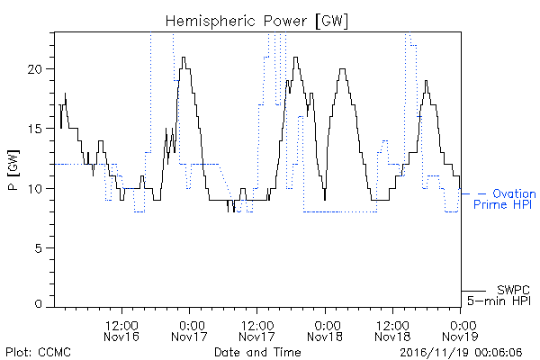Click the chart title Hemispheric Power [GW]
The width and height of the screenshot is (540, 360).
[256, 21]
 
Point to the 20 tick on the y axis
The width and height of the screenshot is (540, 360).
[34, 69]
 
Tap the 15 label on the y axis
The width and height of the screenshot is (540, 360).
[34, 129]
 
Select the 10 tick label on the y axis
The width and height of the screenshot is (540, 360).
[34, 189]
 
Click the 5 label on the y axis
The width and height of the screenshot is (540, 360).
[38, 248]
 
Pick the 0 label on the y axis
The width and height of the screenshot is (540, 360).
[38, 304]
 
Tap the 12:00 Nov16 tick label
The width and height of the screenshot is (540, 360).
[121, 330]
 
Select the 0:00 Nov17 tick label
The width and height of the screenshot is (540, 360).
[189, 330]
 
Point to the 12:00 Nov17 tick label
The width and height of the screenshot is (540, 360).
[256, 330]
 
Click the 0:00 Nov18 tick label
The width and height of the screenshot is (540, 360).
[325, 330]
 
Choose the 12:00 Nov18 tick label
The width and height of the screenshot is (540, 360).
[392, 330]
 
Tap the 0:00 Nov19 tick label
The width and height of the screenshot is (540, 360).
[460, 330]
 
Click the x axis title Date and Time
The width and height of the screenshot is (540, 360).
[257, 352]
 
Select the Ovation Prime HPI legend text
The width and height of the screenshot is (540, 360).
[505, 199]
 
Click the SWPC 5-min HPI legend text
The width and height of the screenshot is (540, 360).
[499, 295]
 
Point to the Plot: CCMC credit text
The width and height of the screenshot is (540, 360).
[38, 352]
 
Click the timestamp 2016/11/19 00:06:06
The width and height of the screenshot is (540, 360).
[461, 352]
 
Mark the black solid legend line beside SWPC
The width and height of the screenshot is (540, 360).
[473, 291]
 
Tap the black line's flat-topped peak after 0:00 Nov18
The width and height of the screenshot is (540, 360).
[342, 69]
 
